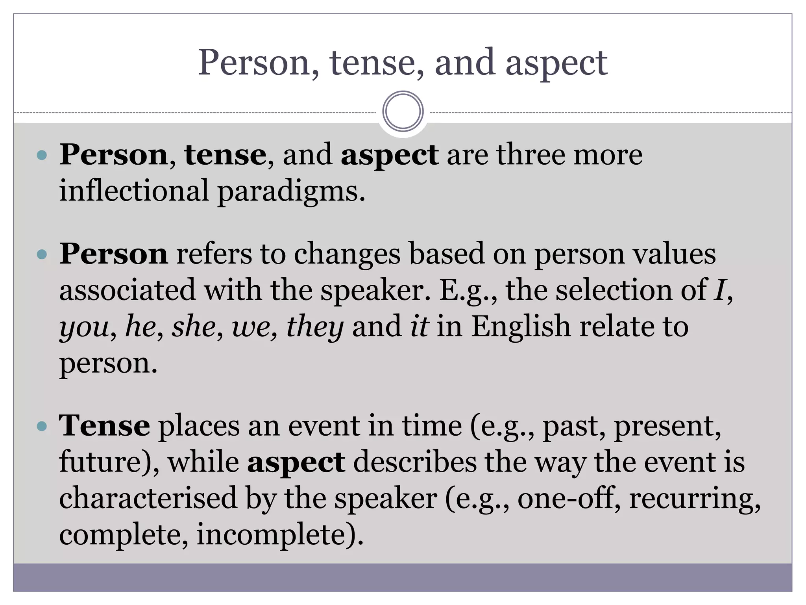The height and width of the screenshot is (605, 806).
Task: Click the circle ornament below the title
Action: tap(403, 111)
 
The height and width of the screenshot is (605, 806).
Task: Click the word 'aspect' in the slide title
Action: tap(556, 63)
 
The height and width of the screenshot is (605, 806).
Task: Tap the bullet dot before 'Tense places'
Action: tap(41, 426)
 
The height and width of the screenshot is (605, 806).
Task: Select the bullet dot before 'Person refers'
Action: tap(41, 254)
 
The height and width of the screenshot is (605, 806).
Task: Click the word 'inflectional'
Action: tap(133, 191)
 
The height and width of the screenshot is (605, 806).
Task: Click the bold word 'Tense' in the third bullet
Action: tap(104, 426)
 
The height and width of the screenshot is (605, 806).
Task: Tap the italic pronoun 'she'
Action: tap(194, 327)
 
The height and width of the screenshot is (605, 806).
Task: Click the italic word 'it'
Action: tap(419, 327)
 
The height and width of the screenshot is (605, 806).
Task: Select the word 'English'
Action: tap(520, 327)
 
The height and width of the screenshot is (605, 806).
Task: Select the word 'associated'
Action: tap(127, 291)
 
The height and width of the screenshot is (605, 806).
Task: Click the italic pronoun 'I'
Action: tap(719, 291)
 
